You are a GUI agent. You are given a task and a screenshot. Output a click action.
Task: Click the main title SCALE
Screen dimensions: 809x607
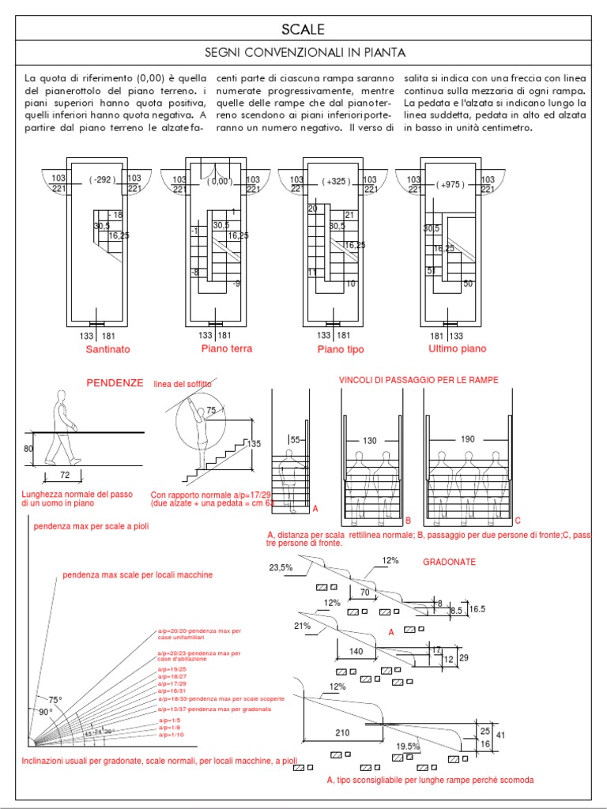pos(303,30)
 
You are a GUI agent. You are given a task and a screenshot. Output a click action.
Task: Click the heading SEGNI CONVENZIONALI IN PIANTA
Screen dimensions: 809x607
pos(304,54)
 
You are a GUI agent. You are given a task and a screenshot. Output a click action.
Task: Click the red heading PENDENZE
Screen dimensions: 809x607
pos(115,382)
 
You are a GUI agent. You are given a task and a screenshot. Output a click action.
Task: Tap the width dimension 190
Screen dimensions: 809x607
pos(468,439)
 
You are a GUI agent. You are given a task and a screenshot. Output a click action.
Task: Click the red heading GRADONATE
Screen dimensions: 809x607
pos(450,561)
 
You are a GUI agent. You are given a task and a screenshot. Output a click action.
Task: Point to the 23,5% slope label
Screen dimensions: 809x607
pos(281,567)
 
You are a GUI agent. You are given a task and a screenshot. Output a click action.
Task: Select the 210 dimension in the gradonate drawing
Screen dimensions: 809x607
pos(342,732)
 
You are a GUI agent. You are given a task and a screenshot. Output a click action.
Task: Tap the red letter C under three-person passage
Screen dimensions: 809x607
pos(518,521)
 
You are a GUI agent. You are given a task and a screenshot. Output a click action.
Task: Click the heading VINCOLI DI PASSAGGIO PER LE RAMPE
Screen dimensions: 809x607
pos(419,380)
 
